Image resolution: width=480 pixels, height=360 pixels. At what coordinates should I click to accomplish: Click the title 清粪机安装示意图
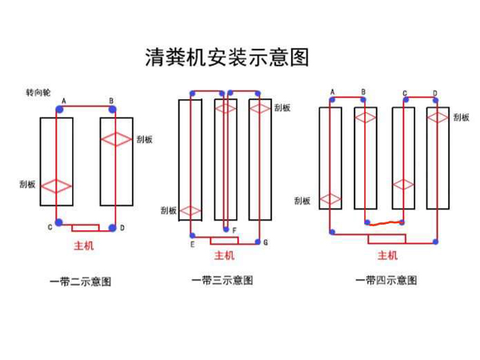(x=226, y=58)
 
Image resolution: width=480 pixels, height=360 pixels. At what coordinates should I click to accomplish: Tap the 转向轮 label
(x=38, y=94)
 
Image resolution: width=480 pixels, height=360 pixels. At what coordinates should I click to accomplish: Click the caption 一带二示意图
(x=80, y=282)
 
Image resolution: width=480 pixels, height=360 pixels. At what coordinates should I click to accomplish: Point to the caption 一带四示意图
(x=386, y=281)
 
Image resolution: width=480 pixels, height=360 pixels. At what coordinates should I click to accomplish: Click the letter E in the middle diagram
(x=192, y=244)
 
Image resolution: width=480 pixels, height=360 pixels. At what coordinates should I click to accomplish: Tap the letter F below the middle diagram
(x=233, y=230)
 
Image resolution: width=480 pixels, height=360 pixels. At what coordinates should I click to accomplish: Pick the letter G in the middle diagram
(x=265, y=242)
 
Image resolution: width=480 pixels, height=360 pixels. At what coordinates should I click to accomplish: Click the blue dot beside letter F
(x=226, y=229)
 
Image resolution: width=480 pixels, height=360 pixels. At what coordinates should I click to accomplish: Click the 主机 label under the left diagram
(x=84, y=246)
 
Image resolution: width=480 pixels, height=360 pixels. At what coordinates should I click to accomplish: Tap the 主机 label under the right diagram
(x=387, y=256)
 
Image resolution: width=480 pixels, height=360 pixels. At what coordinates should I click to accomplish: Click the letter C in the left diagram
(x=50, y=227)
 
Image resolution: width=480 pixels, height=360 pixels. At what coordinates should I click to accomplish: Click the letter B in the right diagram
(x=363, y=93)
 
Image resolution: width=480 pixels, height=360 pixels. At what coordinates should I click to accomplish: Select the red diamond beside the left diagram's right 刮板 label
(x=116, y=139)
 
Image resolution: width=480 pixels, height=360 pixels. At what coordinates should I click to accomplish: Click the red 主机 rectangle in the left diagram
(x=85, y=227)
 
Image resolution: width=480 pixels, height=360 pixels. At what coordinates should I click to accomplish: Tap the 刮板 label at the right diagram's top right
(x=461, y=117)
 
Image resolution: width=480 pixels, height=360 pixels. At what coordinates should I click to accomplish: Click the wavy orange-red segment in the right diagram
(x=384, y=222)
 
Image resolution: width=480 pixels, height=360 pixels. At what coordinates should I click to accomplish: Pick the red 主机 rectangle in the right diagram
(x=386, y=238)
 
